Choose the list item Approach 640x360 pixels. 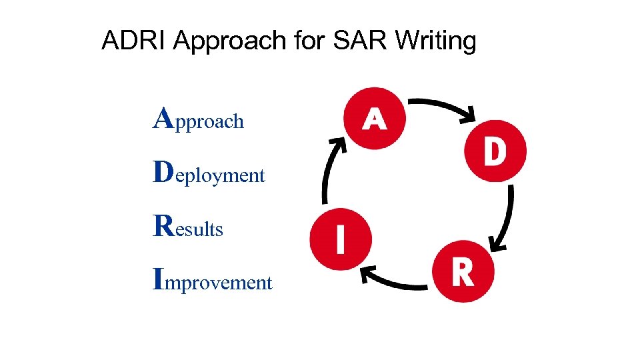coord(199,120)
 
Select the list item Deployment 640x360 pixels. coord(209,174)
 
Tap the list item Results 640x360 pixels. coord(189,227)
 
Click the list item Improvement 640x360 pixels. coord(213,281)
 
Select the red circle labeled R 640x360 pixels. coord(463,271)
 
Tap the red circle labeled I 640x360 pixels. coord(341,239)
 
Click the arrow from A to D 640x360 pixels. coord(443,107)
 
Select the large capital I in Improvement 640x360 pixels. coord(158,279)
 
